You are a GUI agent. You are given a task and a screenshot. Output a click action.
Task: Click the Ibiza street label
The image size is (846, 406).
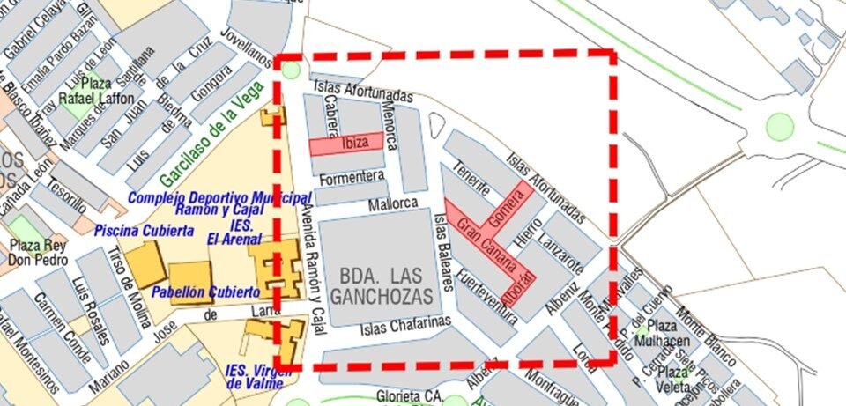tap(350, 143)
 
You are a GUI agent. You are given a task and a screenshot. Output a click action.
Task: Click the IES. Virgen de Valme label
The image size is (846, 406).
tap(257, 376)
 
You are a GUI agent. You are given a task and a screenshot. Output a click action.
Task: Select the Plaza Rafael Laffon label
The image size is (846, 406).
tap(96, 91)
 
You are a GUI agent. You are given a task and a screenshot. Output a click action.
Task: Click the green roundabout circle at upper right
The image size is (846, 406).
tap(780, 126)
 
